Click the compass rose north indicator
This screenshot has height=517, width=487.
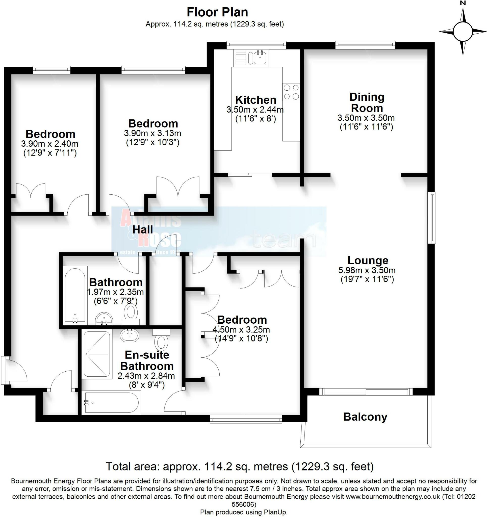coord(463,31)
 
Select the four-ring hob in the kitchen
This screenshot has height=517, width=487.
coord(291,92)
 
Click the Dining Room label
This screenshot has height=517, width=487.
coord(367,102)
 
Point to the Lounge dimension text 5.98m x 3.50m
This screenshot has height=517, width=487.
coord(367,270)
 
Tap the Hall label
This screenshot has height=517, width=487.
coord(143,230)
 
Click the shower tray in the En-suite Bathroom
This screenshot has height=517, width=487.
coord(96,354)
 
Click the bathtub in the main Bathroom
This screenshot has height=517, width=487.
coord(75,295)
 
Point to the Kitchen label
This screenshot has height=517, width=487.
coord(255,100)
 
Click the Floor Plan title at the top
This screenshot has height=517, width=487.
coord(217,12)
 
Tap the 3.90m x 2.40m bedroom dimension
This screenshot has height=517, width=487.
coord(50,144)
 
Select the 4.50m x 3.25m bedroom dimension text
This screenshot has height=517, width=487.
coord(241,330)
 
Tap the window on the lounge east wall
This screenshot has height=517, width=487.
coord(432,218)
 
